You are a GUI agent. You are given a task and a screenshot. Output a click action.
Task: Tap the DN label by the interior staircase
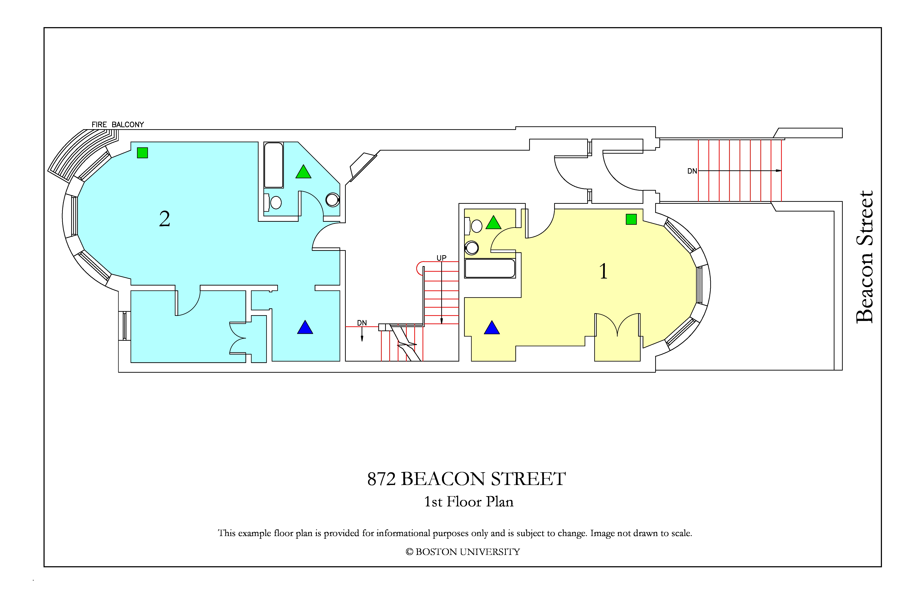point(362,323)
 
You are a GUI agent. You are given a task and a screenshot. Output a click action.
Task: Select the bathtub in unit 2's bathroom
point(273,165)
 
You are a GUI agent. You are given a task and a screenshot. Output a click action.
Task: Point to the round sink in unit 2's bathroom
point(332,200)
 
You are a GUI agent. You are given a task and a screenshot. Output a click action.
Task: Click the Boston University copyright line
point(463,552)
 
